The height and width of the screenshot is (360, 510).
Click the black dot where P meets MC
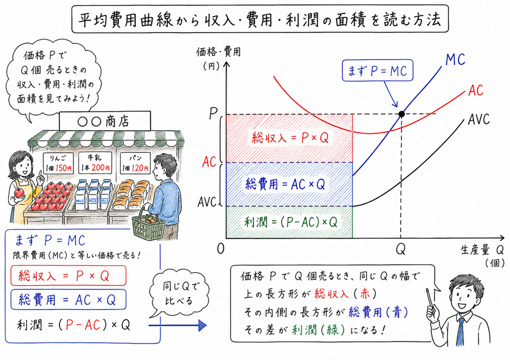[x=401, y=114]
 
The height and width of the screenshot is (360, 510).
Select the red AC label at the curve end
[x=475, y=91]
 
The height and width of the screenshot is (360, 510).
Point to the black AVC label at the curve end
[x=478, y=120]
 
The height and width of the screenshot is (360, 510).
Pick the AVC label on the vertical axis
[x=209, y=202]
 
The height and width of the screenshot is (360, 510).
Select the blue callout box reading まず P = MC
[x=376, y=72]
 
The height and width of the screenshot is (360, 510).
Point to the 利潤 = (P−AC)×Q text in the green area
[x=289, y=222]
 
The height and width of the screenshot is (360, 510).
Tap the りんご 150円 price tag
[x=61, y=162]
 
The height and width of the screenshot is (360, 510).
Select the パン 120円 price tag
[x=134, y=162]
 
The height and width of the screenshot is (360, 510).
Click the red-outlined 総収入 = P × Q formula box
[x=67, y=276]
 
